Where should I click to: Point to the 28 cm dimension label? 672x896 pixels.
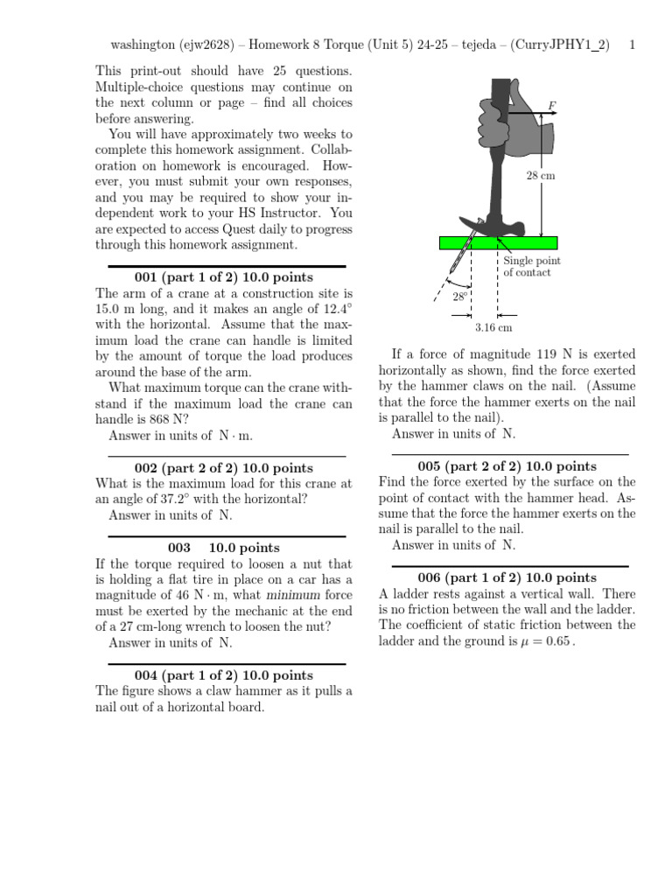[540, 176]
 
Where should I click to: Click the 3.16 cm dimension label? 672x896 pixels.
[493, 327]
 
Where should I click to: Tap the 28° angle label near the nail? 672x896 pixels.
[460, 297]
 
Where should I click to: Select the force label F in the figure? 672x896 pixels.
[551, 105]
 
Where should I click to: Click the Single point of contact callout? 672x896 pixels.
[531, 267]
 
